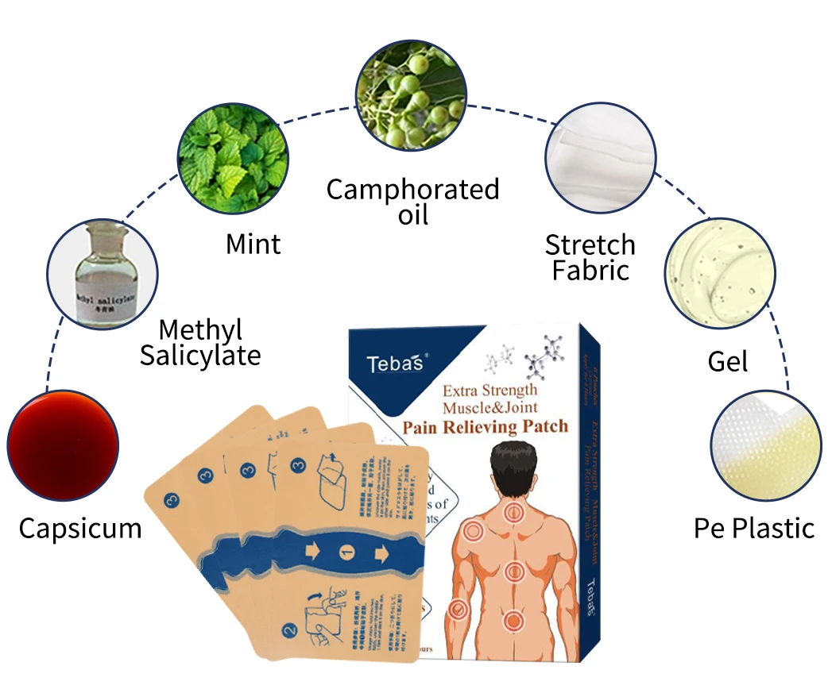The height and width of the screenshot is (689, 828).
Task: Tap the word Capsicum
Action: pos(80,528)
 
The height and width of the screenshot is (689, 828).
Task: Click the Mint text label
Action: pos(253,243)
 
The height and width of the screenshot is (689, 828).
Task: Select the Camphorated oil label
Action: pos(413,201)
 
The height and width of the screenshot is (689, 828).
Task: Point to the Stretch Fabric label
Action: pos(590,257)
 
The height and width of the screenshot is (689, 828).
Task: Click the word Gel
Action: pos(728,362)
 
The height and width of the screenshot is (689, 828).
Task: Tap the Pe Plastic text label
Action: pos(754,528)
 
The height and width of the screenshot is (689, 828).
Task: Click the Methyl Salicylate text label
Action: pos(200,342)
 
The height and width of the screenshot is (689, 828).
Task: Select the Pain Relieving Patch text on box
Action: pos(485,427)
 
